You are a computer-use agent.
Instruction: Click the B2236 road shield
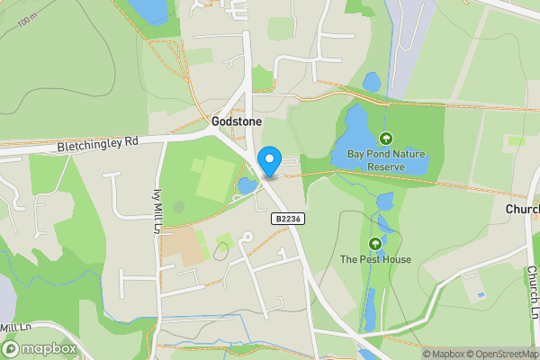tap(286, 219)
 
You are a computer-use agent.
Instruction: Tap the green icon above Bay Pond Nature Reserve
tap(386, 139)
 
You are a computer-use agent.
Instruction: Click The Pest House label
tap(375, 260)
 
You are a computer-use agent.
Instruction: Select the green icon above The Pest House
tap(375, 243)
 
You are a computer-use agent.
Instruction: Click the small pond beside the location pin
tap(246, 186)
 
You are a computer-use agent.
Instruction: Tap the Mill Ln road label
tap(15, 328)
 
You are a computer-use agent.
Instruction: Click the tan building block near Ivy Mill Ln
tap(184, 246)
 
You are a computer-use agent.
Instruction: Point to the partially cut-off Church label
tap(522, 210)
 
